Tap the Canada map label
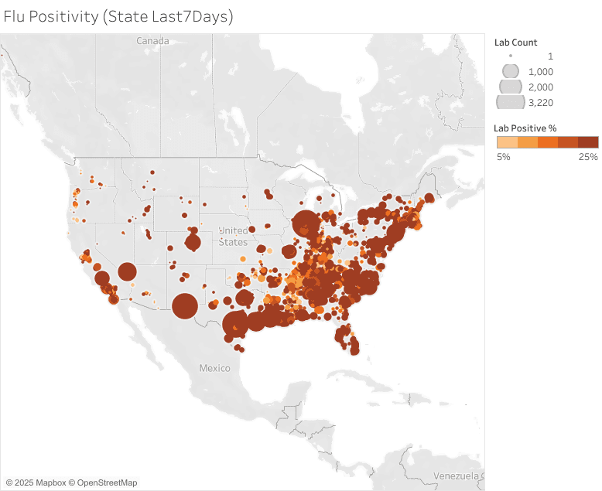(152, 40)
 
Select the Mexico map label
(214, 368)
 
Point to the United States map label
(233, 237)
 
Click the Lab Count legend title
(515, 43)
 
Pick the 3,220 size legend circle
(510, 102)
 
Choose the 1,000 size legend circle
(511, 71)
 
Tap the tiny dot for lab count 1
(511, 56)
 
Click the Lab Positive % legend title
(525, 128)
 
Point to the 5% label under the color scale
(503, 157)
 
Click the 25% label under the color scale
(588, 157)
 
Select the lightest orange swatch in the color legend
(506, 142)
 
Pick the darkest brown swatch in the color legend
(588, 142)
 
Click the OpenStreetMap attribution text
(106, 482)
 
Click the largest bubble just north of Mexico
(184, 306)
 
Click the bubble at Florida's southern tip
(354, 349)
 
